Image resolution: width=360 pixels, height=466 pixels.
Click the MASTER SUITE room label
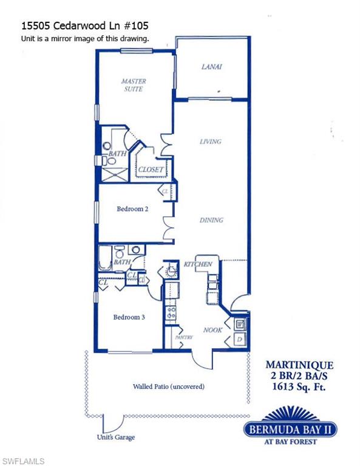click(x=133, y=85)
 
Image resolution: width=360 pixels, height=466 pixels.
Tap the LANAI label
click(x=211, y=67)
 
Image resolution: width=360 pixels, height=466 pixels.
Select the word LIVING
click(x=211, y=141)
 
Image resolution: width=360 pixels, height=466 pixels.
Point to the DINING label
click(x=211, y=220)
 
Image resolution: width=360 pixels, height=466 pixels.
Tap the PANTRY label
click(x=183, y=337)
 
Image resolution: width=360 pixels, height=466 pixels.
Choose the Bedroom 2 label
click(x=132, y=209)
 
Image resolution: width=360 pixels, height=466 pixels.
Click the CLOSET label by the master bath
click(x=151, y=170)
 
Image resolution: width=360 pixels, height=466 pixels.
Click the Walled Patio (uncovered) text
click(x=168, y=387)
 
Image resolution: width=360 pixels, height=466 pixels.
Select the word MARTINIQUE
click(x=300, y=365)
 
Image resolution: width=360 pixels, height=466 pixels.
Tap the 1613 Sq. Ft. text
click(x=300, y=386)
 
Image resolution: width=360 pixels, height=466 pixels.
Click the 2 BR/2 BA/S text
click(x=300, y=376)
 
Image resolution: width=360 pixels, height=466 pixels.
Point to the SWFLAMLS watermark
click(x=24, y=461)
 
